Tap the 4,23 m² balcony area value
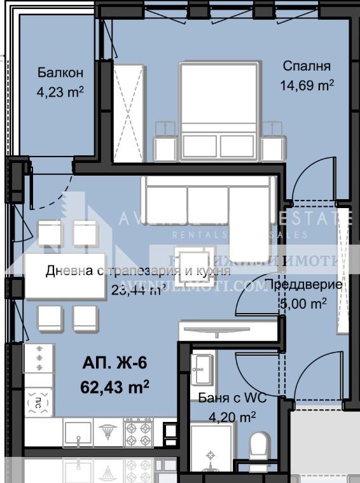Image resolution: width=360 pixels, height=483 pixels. [60, 92]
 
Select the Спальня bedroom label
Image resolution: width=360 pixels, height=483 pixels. [307, 66]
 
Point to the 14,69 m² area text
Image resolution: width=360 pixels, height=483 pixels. [307, 85]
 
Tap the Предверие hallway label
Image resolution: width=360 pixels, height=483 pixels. [303, 284]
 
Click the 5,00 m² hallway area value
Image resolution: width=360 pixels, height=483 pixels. [303, 304]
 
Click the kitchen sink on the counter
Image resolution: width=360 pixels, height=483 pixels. [78, 433]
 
